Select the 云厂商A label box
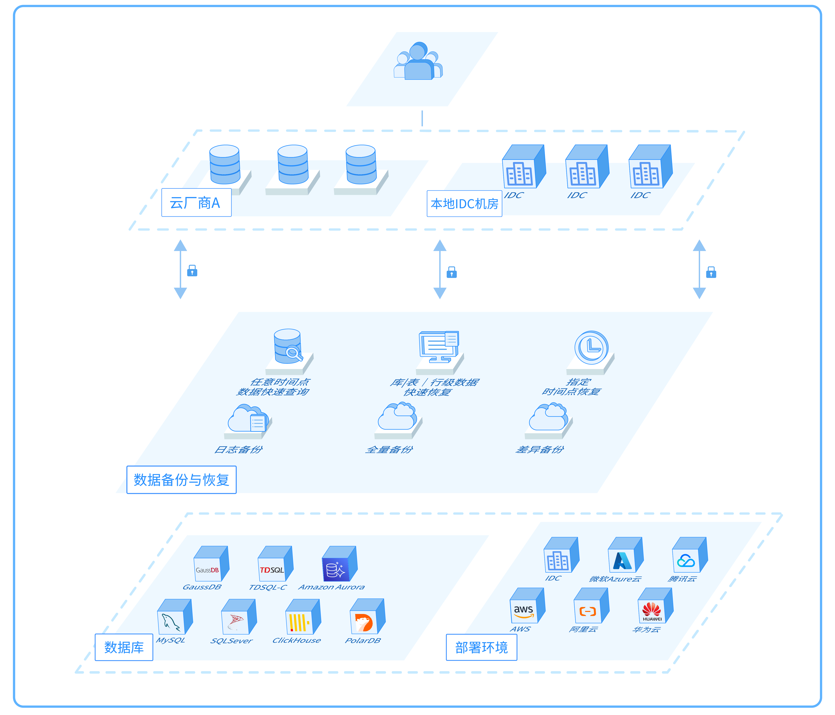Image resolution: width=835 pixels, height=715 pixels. point(196,202)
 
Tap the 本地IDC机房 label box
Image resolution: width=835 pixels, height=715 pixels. point(464,204)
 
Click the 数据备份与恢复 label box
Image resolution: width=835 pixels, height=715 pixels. point(181,479)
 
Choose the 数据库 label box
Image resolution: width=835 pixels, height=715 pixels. point(124,647)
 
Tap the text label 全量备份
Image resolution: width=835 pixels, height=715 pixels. point(389,449)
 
